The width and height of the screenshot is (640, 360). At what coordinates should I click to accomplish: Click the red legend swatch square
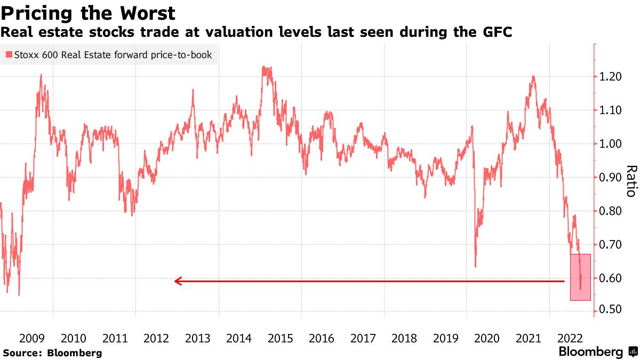9,54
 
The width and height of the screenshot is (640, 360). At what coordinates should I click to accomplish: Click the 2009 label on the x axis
32,338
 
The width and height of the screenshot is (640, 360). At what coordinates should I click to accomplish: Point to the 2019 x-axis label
446,338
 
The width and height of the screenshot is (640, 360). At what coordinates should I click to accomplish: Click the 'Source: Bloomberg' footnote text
52,353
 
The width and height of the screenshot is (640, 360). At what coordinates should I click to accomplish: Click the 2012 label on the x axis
156,338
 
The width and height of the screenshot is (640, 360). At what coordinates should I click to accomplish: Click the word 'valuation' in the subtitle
234,32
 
